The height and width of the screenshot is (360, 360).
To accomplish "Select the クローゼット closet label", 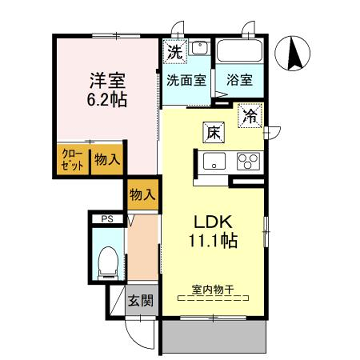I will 71,159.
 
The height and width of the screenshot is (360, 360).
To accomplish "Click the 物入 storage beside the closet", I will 107,159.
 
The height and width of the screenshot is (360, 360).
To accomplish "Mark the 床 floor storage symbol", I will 212,132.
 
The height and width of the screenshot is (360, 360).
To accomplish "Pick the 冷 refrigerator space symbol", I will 247,116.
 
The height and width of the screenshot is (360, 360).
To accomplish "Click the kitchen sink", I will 215,162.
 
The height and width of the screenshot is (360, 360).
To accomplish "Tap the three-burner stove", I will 247,162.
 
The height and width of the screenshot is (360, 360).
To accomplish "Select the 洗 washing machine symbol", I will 175,52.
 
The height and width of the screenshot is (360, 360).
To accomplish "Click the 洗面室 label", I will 187,80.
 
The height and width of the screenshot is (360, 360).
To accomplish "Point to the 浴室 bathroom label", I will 239,80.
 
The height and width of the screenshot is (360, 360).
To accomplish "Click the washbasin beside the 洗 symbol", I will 198,48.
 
